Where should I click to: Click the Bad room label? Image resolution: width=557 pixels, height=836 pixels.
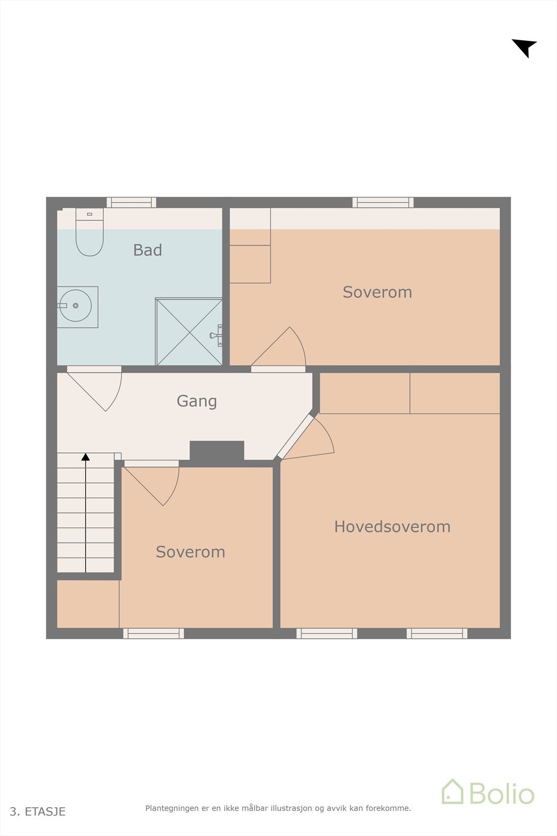pos(147,250)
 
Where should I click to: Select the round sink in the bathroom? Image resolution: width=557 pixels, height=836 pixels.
pos(76,306)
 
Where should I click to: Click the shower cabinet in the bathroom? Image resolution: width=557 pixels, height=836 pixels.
pos(189,332)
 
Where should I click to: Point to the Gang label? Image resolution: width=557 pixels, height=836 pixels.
pos(196,401)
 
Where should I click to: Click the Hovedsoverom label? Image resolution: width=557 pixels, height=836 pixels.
pos(392,527)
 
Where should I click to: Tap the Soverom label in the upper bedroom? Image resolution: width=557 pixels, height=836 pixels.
pos(377,292)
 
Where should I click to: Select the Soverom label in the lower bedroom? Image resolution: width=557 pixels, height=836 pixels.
pos(190,552)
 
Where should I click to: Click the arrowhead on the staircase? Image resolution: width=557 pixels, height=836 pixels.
pos(86,457)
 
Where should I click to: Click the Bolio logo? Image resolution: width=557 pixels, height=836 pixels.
pos(488,793)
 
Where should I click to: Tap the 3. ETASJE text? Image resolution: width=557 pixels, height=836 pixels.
pos(38,811)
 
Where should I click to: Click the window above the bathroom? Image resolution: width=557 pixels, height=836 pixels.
pos(132,202)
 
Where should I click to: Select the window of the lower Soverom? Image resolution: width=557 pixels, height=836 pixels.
pos(153,633)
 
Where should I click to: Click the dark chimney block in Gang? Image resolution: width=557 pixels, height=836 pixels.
pos(217,451)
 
